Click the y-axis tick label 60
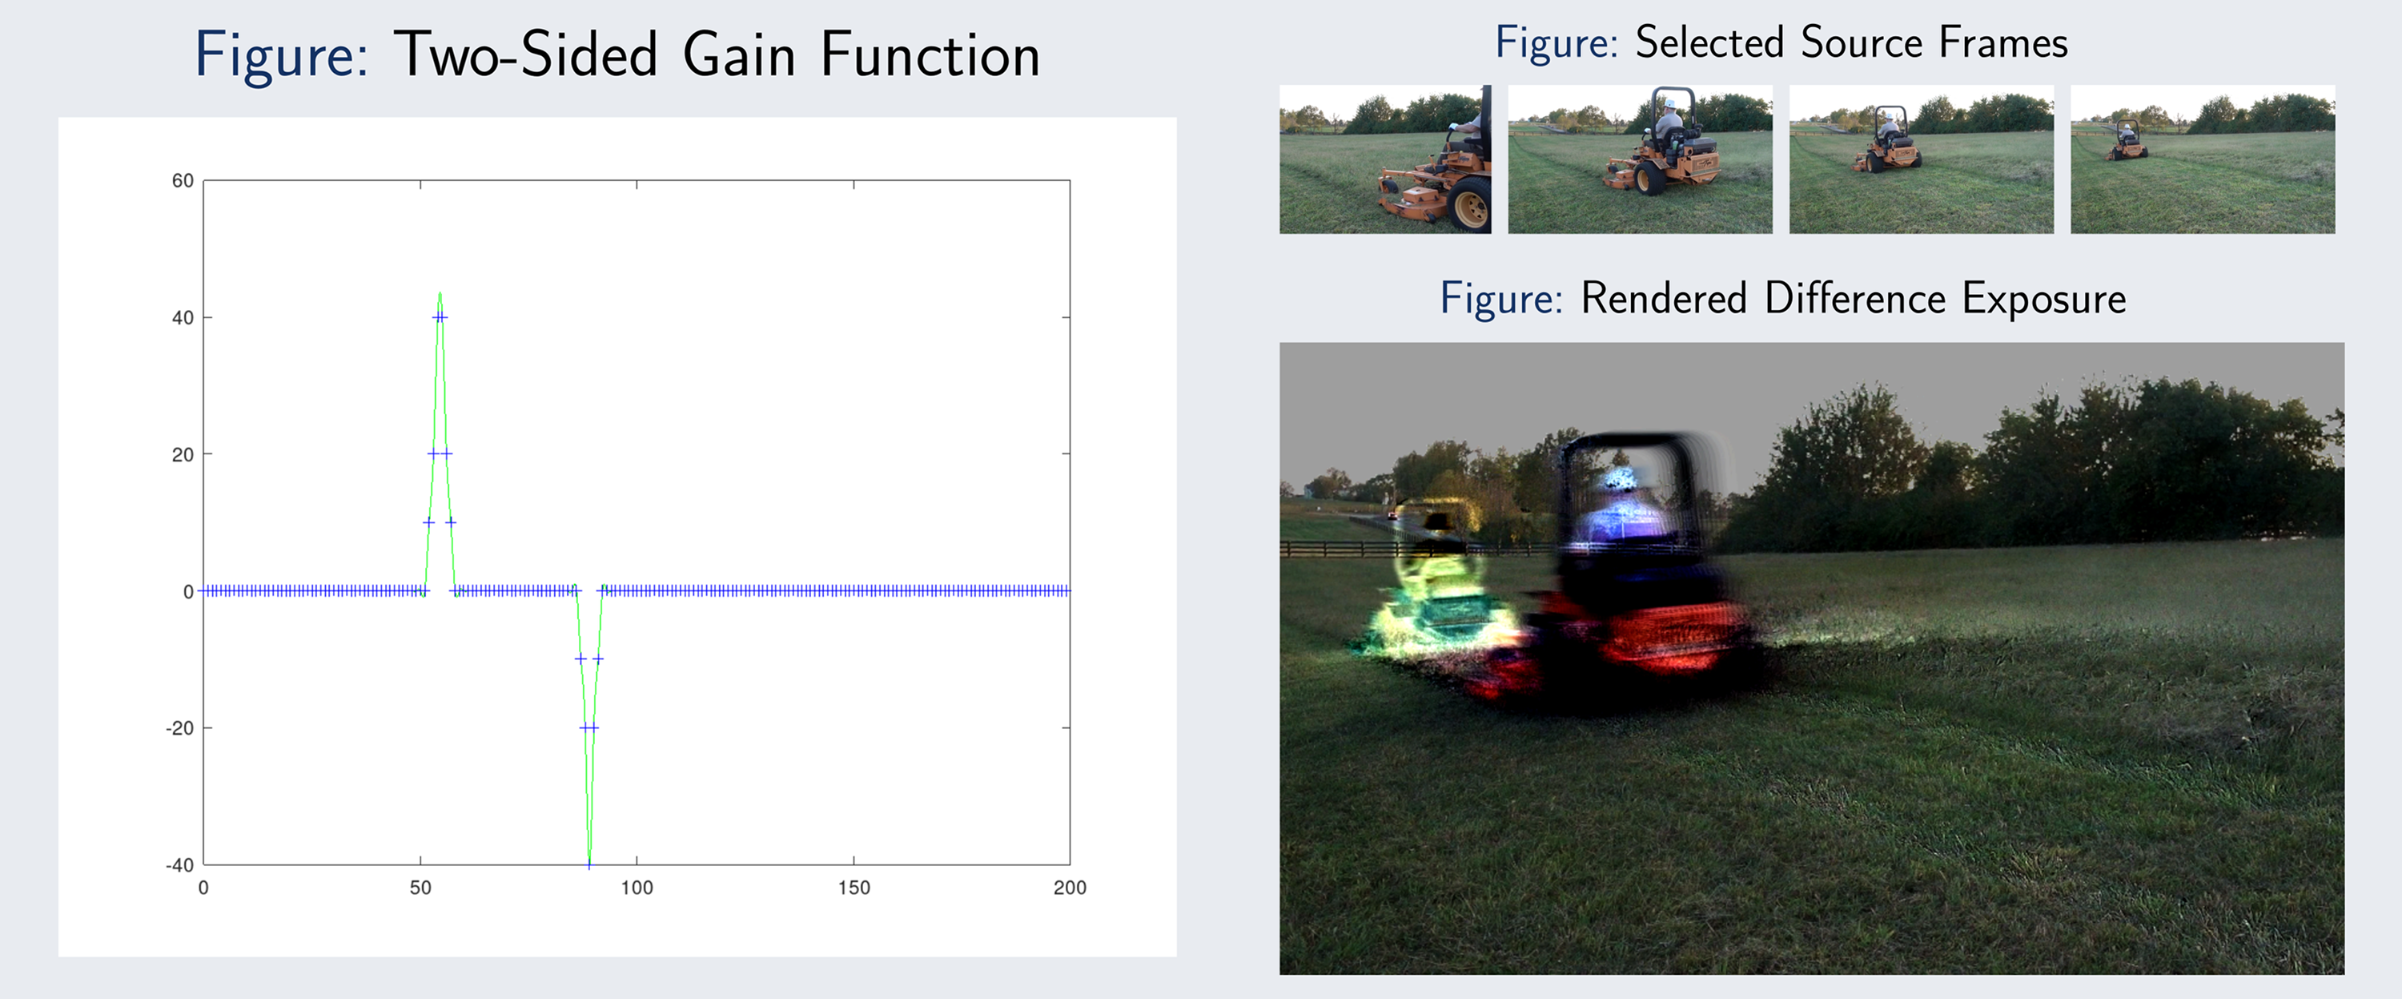183,181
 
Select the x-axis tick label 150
854,888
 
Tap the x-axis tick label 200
1070,888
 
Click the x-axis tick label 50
420,888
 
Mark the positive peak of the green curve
440,294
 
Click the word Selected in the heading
1709,43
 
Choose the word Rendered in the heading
1664,299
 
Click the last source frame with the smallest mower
2203,159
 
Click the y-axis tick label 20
183,455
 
